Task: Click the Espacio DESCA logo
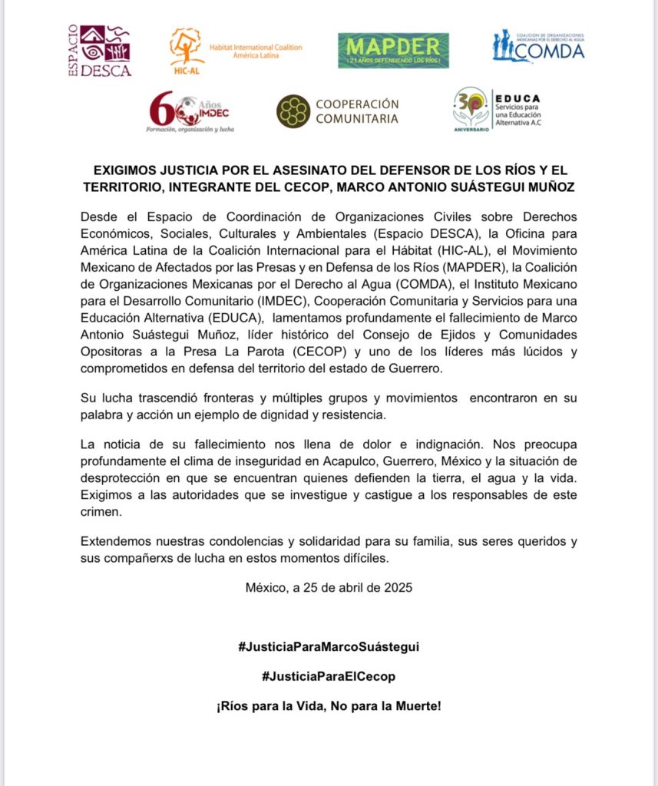tap(100, 51)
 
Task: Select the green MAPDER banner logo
tap(393, 51)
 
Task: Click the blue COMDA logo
tap(538, 47)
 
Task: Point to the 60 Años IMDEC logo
tap(190, 111)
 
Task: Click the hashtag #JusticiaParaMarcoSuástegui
tap(329, 646)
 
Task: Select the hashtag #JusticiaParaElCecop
tap(329, 676)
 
